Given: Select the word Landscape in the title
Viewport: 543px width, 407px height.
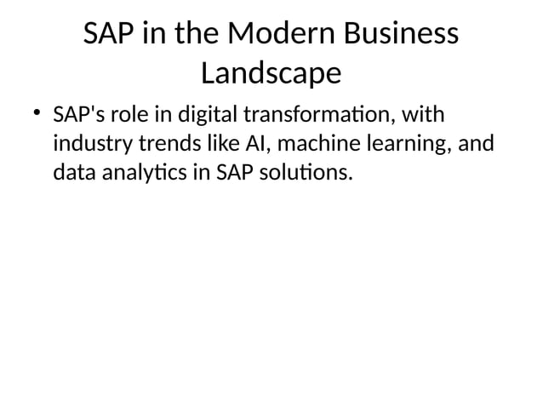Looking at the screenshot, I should pyautogui.click(x=271, y=74).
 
